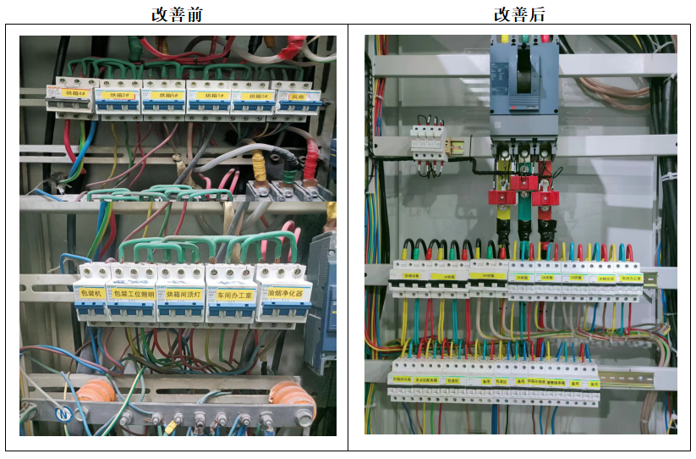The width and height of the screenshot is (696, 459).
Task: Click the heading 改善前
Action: [176, 14]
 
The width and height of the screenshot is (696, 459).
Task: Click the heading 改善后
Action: [519, 14]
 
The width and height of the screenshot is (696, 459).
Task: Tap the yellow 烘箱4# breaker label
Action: [76, 95]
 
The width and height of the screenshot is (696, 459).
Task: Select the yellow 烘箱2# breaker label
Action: [121, 96]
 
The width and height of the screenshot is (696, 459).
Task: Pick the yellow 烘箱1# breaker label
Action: [207, 96]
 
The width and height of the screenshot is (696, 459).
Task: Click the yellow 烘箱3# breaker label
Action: [251, 97]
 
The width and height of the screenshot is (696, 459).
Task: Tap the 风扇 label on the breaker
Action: [294, 97]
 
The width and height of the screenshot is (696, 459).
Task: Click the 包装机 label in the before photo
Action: [91, 293]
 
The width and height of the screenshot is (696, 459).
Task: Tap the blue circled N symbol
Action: [62, 414]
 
